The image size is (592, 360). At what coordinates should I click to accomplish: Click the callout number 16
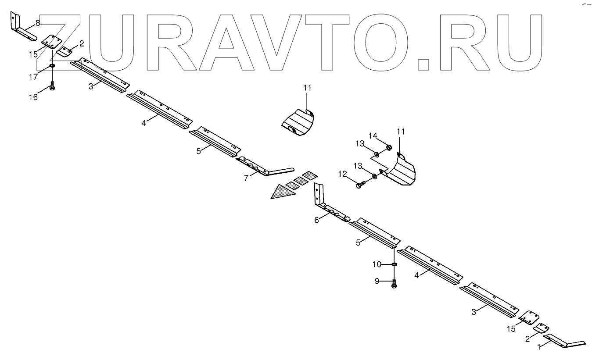pyautogui.click(x=33, y=97)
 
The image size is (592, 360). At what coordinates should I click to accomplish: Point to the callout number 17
pyautogui.click(x=33, y=76)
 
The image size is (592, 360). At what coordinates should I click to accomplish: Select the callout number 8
pyautogui.click(x=38, y=22)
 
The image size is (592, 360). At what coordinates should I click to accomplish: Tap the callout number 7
pyautogui.click(x=246, y=177)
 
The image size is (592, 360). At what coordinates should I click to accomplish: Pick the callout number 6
pyautogui.click(x=316, y=220)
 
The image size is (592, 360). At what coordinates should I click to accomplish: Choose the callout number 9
pyautogui.click(x=377, y=281)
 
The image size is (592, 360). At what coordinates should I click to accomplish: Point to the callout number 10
pyautogui.click(x=377, y=264)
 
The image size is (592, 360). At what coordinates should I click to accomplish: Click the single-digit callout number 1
pyautogui.click(x=540, y=346)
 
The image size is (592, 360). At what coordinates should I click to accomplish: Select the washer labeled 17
pyautogui.click(x=52, y=66)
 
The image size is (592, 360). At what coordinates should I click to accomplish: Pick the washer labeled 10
pyautogui.click(x=394, y=264)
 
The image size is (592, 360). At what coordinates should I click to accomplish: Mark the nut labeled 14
pyautogui.click(x=389, y=147)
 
